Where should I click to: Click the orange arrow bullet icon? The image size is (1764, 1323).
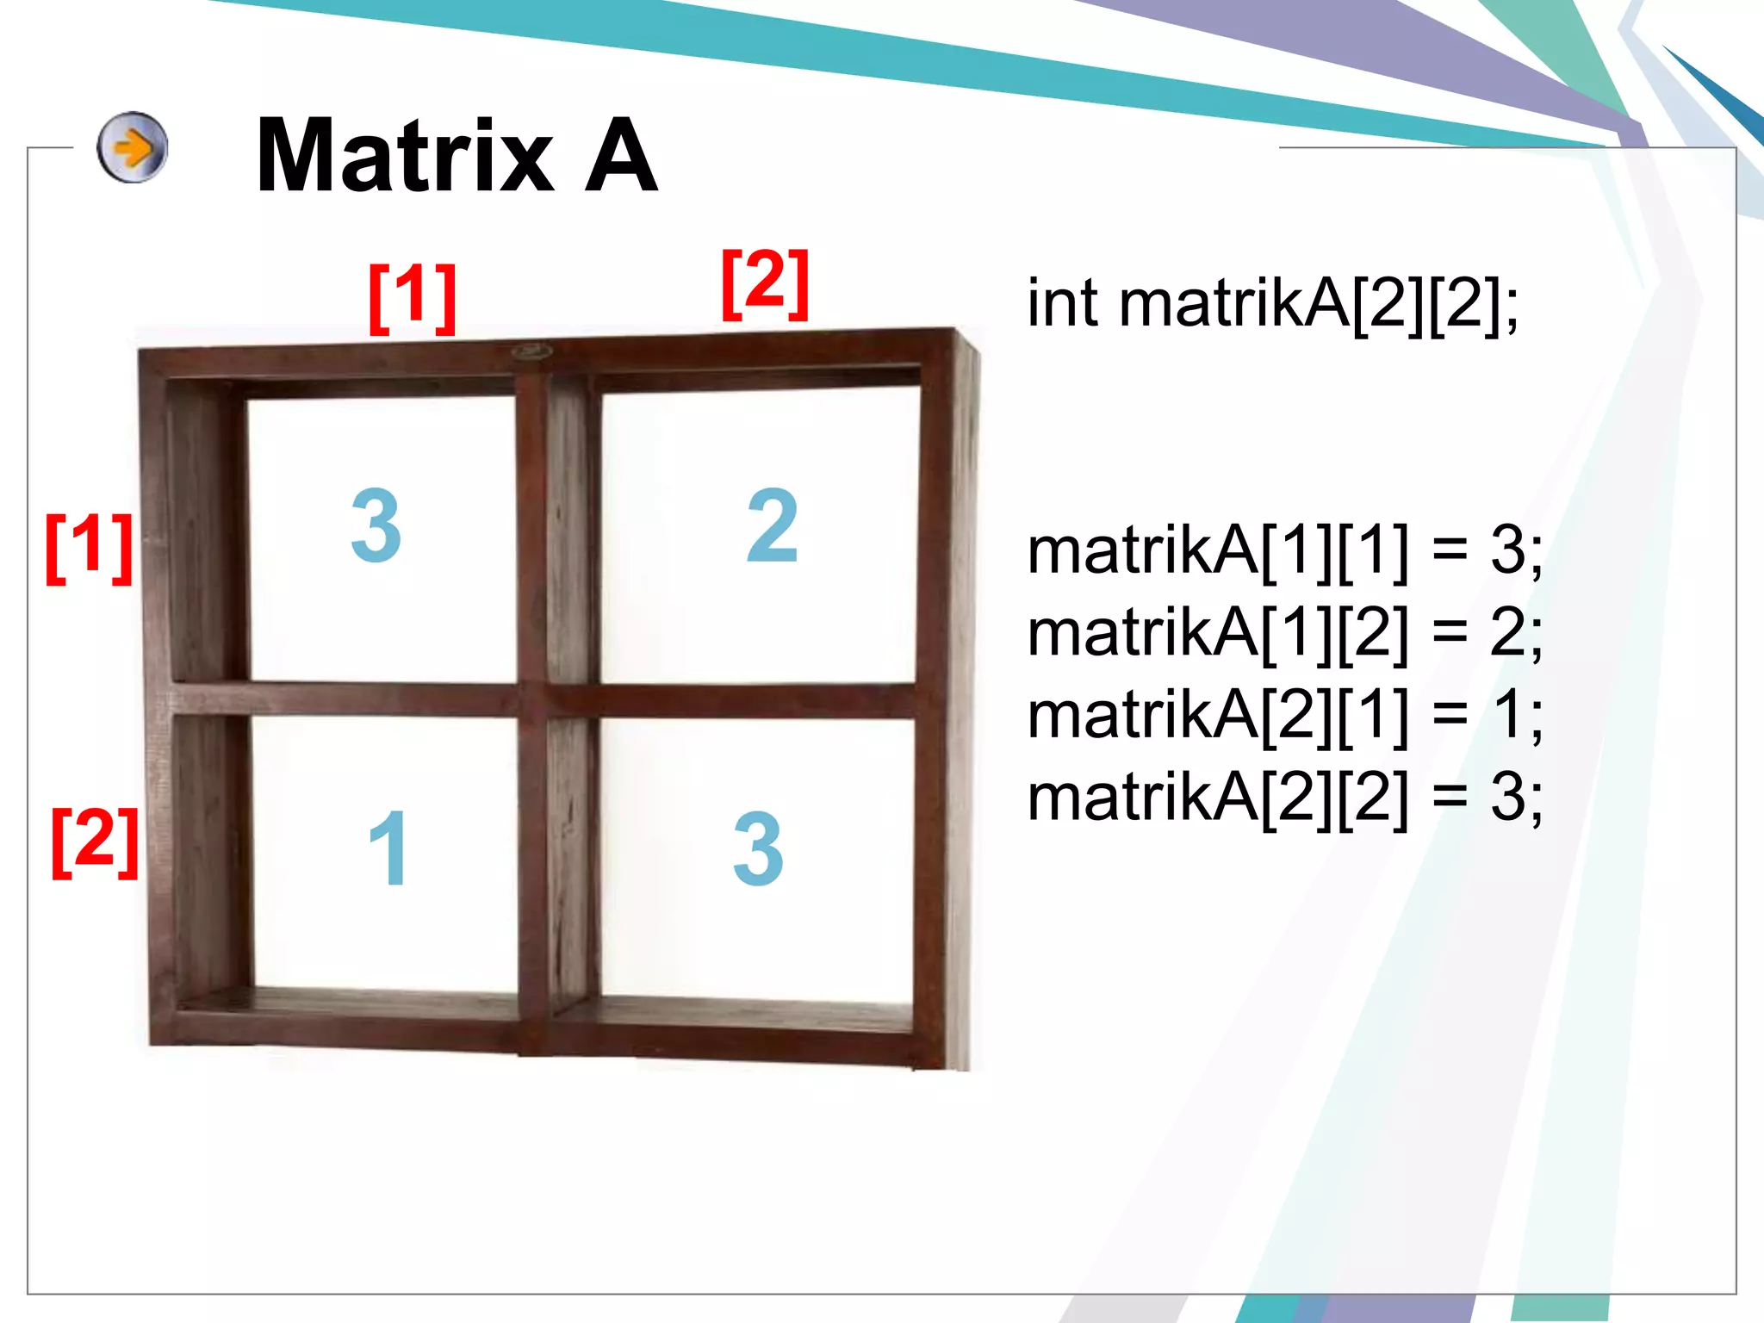point(132,147)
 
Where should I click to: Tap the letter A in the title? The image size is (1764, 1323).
point(620,157)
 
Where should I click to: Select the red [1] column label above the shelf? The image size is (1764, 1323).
point(412,297)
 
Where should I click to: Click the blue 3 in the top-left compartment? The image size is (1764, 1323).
point(376,525)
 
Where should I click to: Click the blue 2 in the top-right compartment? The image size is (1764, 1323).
point(772,525)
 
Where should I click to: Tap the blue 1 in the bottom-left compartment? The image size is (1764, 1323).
point(388,848)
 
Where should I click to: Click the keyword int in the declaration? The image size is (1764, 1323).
point(1062,304)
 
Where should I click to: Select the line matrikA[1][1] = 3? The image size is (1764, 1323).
point(1283,551)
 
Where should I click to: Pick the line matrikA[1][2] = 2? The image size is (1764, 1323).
point(1283,634)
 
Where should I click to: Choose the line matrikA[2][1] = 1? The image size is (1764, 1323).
point(1283,716)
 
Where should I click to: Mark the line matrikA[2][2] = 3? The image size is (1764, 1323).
point(1283,798)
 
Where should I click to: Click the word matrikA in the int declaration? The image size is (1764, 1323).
point(1234,304)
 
